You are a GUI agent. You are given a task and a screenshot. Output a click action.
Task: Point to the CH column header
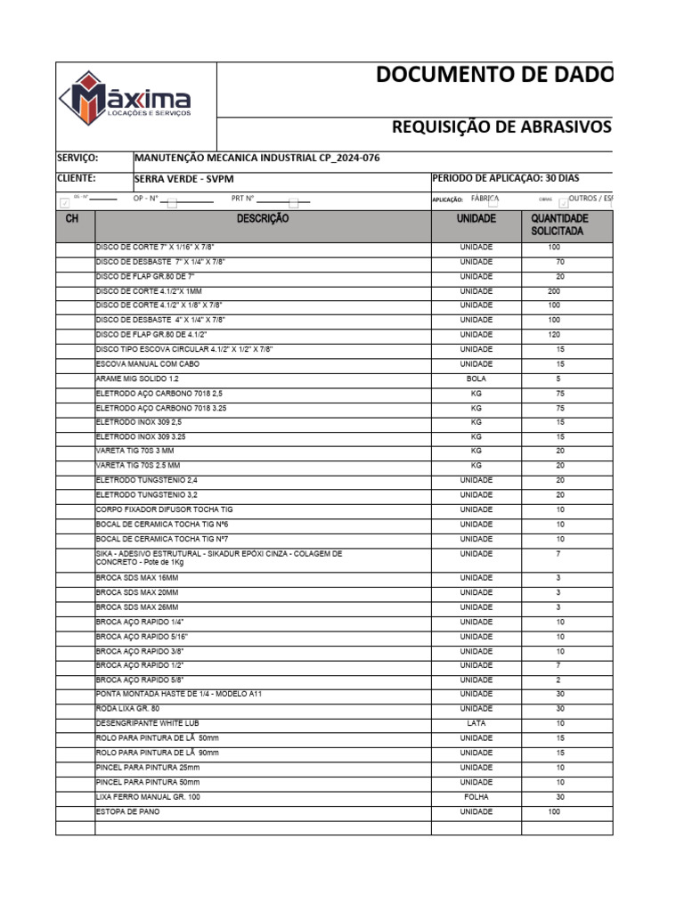coord(74,218)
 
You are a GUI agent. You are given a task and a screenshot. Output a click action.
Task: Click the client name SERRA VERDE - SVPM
coord(183,178)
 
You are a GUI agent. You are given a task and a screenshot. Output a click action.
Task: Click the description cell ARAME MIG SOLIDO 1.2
coord(137,379)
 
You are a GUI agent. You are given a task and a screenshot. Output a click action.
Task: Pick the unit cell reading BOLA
coord(476,379)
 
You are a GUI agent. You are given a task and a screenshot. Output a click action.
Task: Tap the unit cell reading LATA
coord(476,723)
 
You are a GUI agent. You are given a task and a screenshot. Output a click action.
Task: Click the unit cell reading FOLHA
coord(476,797)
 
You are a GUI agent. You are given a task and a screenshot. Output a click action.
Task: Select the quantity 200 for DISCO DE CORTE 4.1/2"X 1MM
coord(554,291)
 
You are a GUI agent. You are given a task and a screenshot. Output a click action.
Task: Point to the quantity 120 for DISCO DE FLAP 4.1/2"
coord(554,335)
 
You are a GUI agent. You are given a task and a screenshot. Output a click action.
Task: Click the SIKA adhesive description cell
coord(218,558)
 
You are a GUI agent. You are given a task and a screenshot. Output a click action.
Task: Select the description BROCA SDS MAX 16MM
coord(135,578)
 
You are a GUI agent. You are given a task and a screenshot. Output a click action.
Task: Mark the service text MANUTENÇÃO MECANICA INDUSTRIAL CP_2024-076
coord(256,159)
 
